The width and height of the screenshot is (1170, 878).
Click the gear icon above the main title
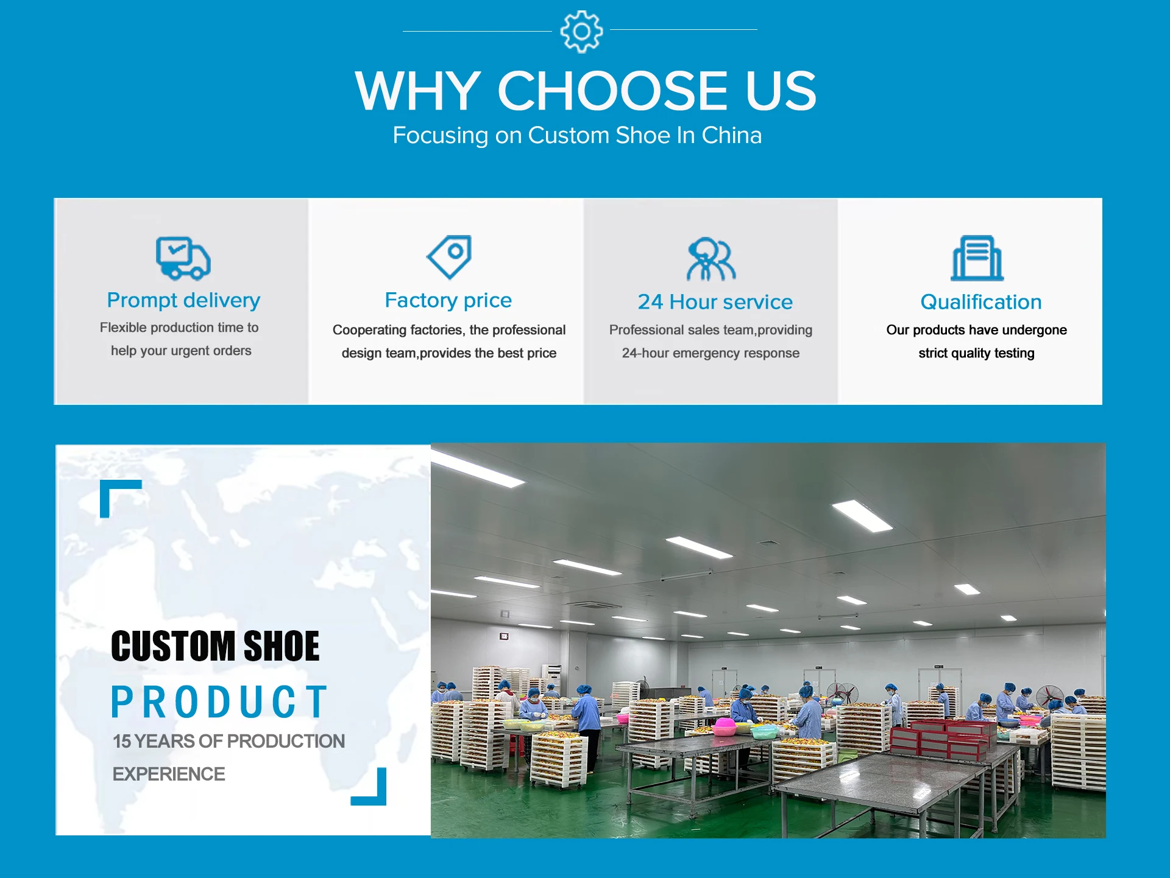(x=581, y=31)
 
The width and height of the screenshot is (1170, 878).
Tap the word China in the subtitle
(x=731, y=135)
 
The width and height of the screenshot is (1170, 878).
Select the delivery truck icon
(x=183, y=258)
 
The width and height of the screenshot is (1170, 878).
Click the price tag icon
(x=449, y=257)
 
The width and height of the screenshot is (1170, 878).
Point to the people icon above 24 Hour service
(x=711, y=259)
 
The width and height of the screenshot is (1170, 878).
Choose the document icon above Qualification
(x=977, y=258)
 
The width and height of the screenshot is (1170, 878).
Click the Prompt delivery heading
(x=183, y=300)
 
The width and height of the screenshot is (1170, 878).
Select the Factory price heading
(x=448, y=300)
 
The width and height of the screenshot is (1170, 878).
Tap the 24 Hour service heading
(x=715, y=302)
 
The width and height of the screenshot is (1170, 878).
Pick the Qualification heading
(x=981, y=302)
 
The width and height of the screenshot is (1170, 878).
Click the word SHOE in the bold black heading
(x=281, y=646)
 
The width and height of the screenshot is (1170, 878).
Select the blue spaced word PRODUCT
(x=219, y=702)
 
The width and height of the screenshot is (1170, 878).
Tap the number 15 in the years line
(x=122, y=742)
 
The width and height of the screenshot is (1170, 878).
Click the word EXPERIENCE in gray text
(x=169, y=774)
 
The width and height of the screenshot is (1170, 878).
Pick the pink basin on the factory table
(x=725, y=726)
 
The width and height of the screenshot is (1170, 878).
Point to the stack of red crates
(x=943, y=739)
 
